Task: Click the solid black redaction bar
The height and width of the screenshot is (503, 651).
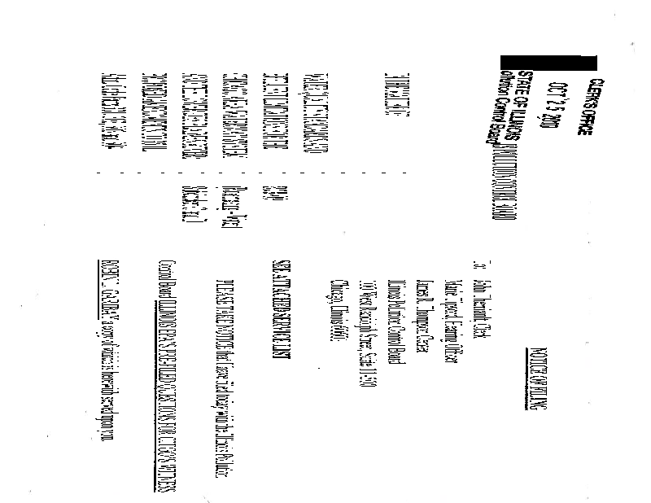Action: pyautogui.click(x=548, y=63)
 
